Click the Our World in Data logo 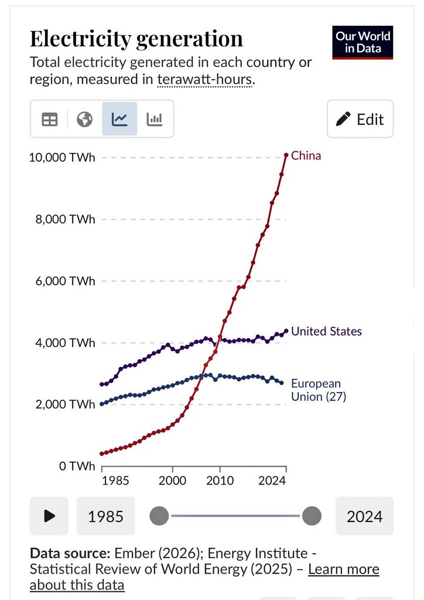coord(363,42)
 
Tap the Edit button coord(360,119)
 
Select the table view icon coord(50,119)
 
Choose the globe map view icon coord(84,119)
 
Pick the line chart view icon coord(119,119)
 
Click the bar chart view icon coord(155,119)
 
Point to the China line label coord(306,156)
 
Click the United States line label coord(326,331)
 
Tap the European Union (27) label coord(319,390)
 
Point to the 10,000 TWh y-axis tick coord(62,158)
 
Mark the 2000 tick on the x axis coord(173,481)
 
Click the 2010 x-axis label coord(220,481)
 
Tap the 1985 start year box coord(105,516)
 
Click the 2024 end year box coord(364,516)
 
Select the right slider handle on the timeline coord(312,516)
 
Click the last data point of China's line coord(286,155)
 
